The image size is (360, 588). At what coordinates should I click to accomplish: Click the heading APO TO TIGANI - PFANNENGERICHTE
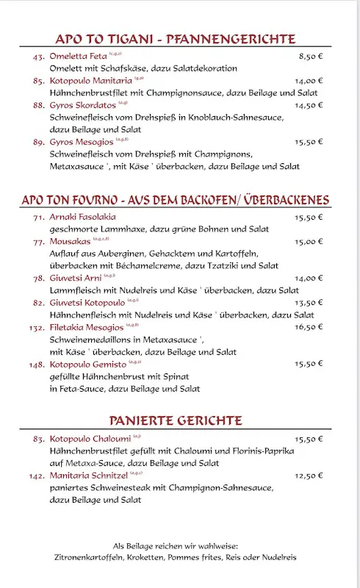176,39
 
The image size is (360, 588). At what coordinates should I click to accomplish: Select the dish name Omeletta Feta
78,56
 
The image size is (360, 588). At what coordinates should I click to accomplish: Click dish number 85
39,81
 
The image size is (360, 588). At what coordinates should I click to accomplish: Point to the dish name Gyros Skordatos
81,105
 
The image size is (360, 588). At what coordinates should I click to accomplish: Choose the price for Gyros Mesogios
309,142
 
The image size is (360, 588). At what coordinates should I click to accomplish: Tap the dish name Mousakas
71,241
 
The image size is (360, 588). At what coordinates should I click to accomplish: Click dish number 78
39,278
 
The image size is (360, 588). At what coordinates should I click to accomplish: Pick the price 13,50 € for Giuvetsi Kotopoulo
309,302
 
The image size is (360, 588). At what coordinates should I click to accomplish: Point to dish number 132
37,327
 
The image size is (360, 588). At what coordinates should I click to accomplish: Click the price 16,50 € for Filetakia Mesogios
309,327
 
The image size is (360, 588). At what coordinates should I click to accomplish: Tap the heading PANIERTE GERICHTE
176,420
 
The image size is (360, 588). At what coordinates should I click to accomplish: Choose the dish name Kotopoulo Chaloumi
90,439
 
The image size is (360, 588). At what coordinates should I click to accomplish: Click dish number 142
37,476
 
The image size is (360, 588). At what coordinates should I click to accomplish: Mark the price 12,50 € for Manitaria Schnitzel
309,476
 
